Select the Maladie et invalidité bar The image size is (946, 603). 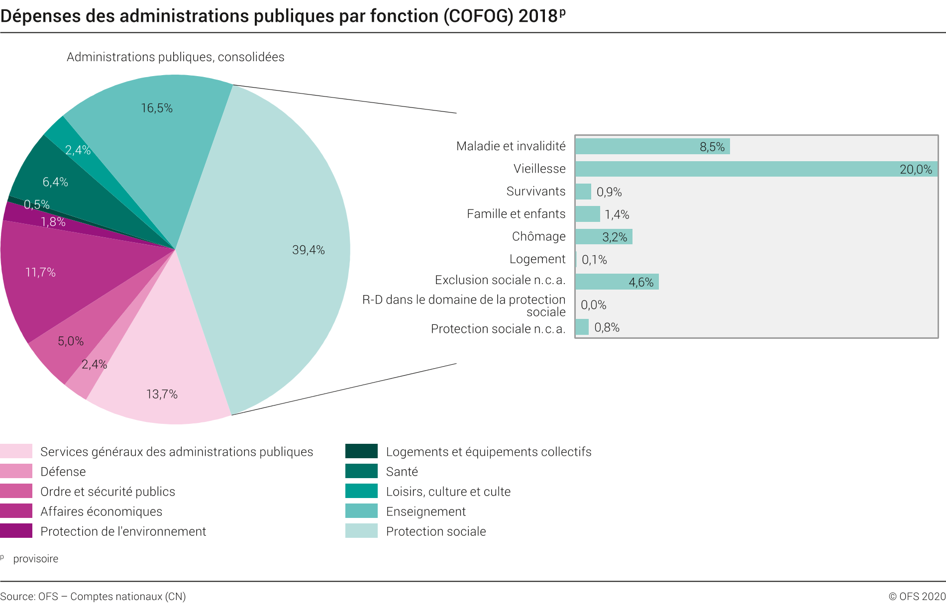[652, 146]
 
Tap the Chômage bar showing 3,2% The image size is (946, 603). [603, 237]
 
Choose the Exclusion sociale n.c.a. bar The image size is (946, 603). [617, 282]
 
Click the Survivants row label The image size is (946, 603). [535, 191]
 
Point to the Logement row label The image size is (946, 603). [537, 259]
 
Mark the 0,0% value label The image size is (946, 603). [593, 305]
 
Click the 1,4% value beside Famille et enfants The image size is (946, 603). [617, 214]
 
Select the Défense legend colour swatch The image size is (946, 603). [16, 471]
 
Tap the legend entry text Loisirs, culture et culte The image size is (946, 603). [448, 492]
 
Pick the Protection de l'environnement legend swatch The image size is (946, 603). [16, 531]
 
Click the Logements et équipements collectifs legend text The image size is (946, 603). [488, 452]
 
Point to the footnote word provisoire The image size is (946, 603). [36, 559]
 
